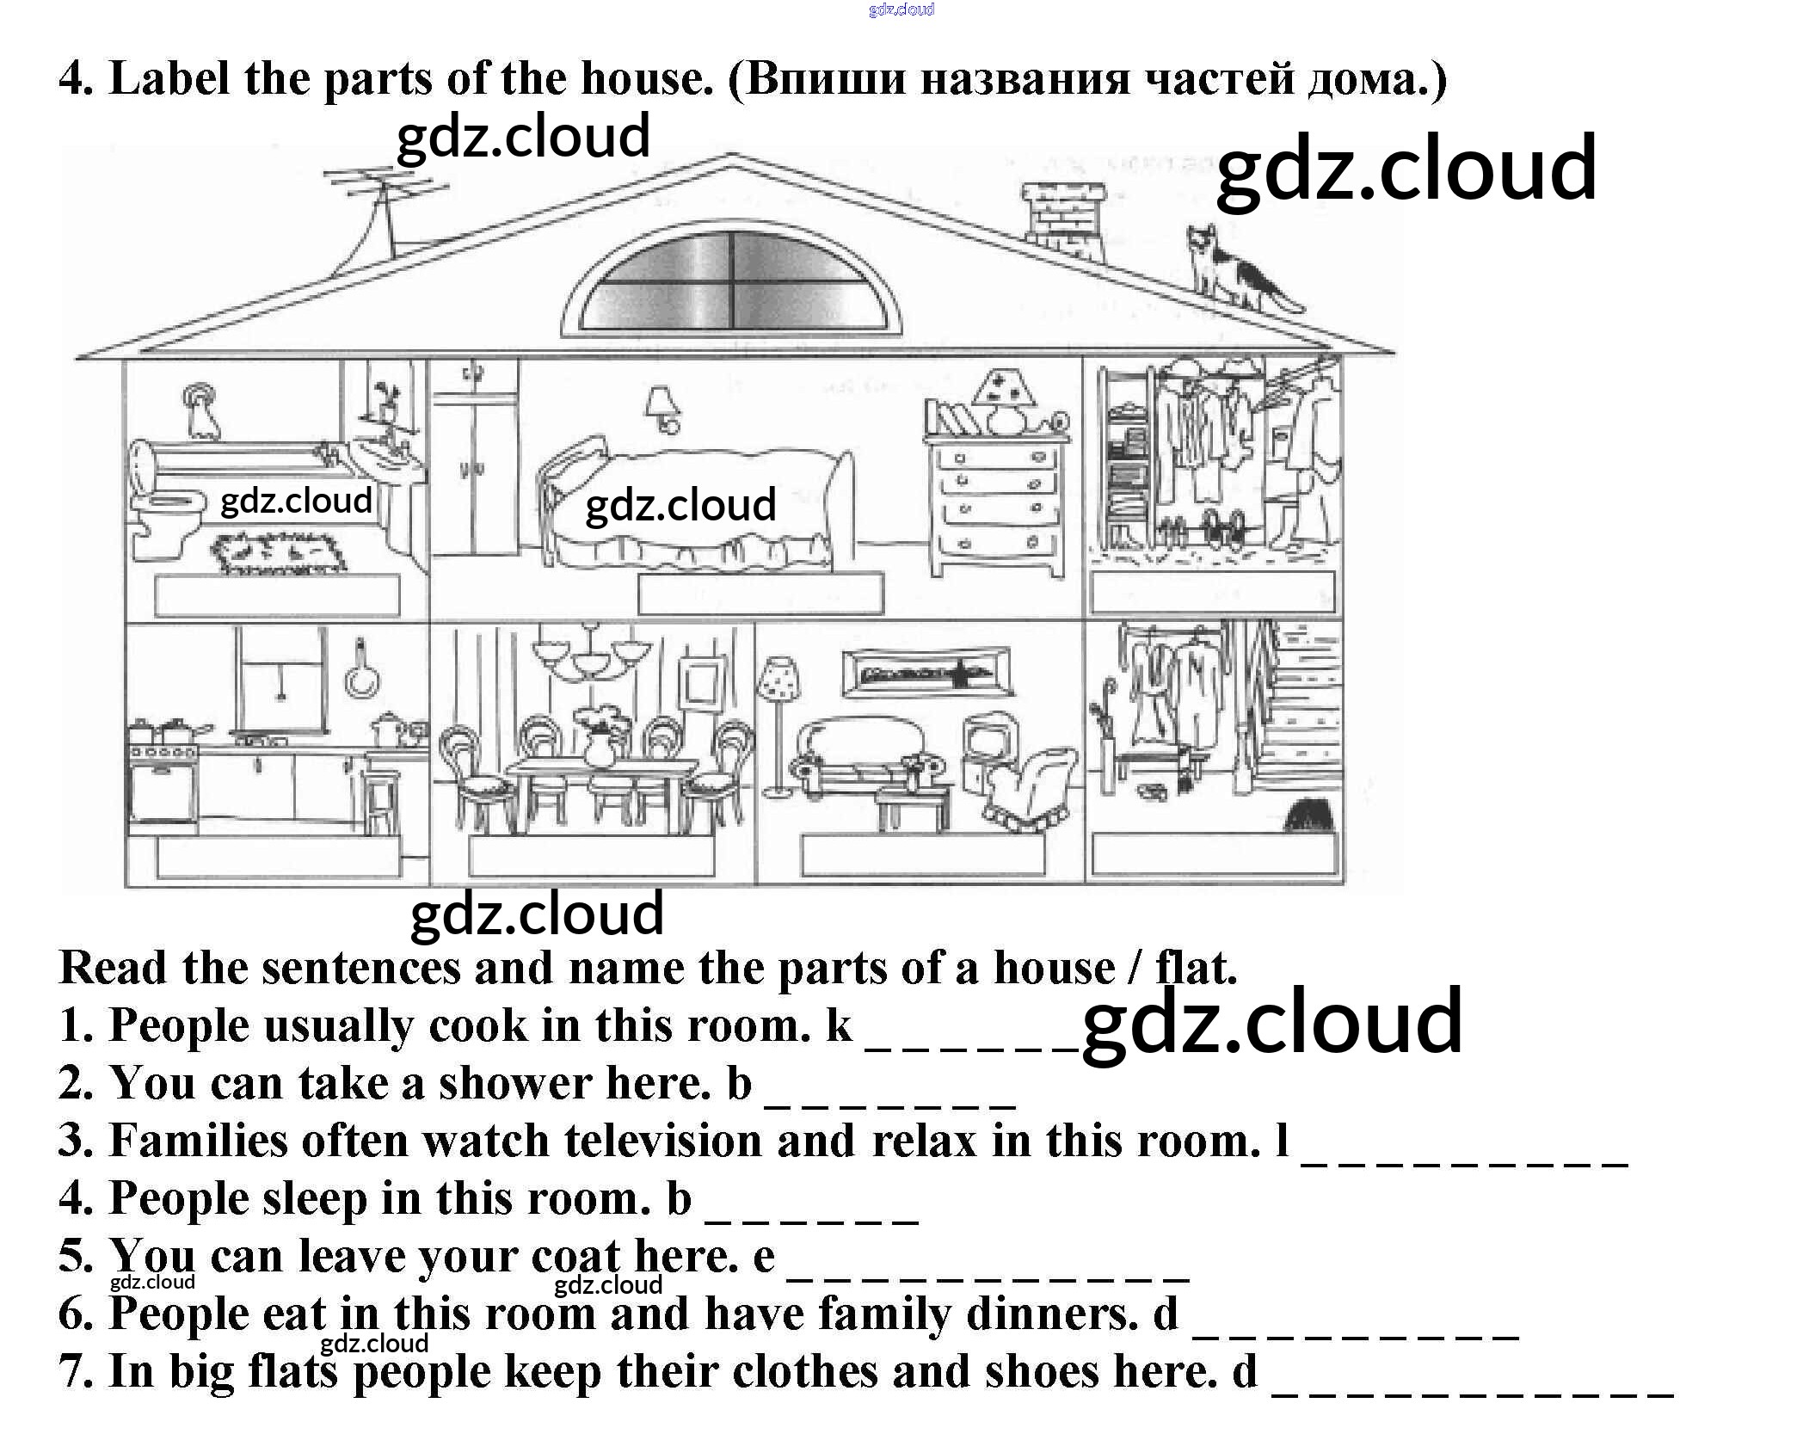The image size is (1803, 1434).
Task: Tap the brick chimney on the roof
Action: (x=1063, y=219)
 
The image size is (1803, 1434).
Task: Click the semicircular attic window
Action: (x=732, y=280)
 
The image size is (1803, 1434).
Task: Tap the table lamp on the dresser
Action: (x=1004, y=400)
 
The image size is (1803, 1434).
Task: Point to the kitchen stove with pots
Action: (x=163, y=774)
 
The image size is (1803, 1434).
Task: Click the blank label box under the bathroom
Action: (x=277, y=595)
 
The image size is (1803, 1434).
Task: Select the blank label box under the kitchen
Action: (x=279, y=856)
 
